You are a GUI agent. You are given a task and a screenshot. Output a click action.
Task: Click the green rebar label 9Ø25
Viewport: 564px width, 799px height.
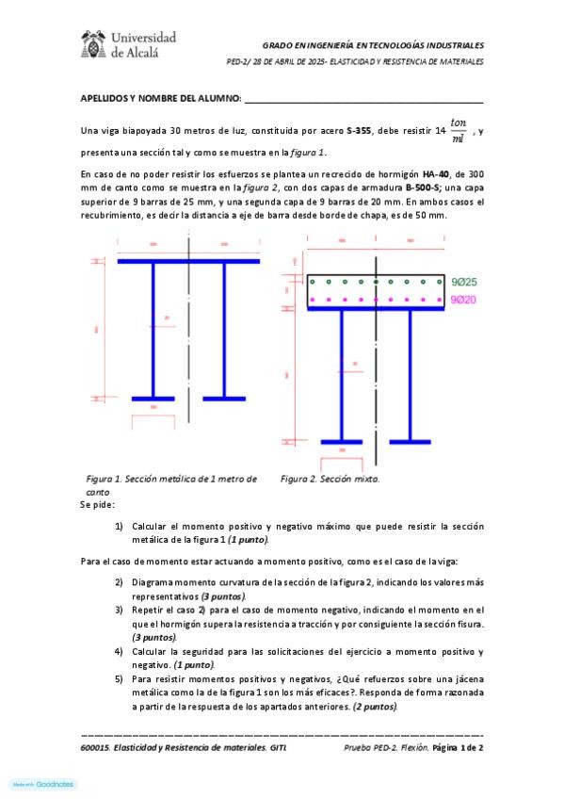tap(464, 282)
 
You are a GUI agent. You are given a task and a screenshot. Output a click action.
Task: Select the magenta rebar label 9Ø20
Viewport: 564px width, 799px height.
tap(463, 300)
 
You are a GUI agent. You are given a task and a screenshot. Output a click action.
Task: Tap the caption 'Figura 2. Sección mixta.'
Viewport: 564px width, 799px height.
tap(330, 479)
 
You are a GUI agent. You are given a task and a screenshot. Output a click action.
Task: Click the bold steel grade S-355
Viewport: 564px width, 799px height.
tap(358, 131)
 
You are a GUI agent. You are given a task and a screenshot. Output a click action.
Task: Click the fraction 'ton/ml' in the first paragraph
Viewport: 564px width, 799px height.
tap(459, 130)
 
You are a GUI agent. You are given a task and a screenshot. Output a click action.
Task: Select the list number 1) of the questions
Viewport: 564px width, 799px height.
tap(119, 527)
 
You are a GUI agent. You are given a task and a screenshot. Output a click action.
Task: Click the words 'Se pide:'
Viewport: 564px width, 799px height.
tap(97, 506)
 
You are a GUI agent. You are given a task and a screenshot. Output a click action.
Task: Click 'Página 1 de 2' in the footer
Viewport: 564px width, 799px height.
tap(458, 747)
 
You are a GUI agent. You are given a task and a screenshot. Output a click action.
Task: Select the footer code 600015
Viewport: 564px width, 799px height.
tap(96, 747)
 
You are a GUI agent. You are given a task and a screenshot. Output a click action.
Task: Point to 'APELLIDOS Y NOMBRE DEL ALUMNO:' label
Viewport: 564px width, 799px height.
tap(161, 99)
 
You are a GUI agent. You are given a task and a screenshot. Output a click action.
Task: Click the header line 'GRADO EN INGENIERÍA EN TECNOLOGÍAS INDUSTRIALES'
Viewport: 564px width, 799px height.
tap(372, 44)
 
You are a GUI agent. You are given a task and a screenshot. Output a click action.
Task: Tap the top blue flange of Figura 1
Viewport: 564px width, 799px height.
tap(188, 260)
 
